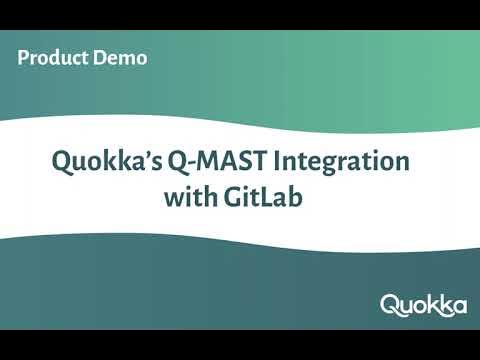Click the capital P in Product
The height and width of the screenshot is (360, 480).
pos(23,58)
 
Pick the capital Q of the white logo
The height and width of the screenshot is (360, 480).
pos(389,304)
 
